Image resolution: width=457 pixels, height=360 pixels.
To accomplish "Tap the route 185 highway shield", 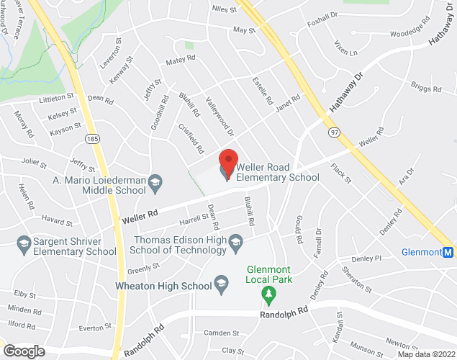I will pyautogui.click(x=93, y=137).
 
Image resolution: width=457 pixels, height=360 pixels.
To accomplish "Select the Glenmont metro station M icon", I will pyautogui.click(x=448, y=253).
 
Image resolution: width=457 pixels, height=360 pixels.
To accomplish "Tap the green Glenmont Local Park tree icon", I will pyautogui.click(x=268, y=294).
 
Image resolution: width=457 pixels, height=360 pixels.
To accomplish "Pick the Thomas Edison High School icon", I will pyautogui.click(x=235, y=250).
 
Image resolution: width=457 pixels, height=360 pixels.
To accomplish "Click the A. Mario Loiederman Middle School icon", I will pyautogui.click(x=155, y=186).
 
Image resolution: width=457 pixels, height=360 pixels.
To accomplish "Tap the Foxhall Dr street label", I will pyautogui.click(x=322, y=19).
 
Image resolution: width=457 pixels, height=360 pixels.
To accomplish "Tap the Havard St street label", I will pyautogui.click(x=57, y=218).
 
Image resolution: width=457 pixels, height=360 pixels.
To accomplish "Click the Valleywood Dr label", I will pyautogui.click(x=220, y=118).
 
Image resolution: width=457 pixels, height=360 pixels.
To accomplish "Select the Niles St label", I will pyautogui.click(x=224, y=9).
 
